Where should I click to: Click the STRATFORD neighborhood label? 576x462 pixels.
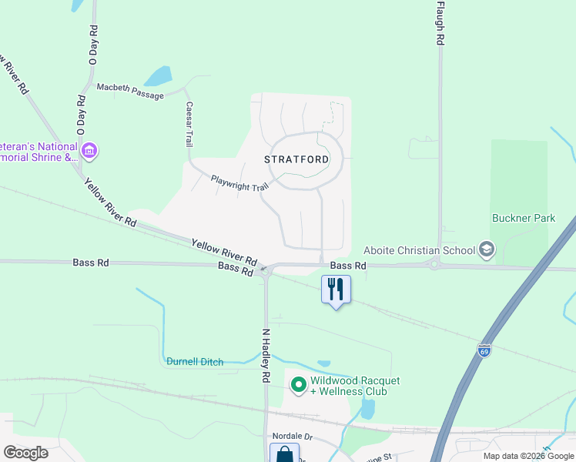coord(296,159)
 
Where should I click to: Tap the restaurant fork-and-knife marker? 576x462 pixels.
coord(336,290)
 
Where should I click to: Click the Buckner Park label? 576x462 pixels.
coord(524,218)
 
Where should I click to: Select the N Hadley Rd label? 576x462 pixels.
coord(266,356)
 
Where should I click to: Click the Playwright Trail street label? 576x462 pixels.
coord(239,183)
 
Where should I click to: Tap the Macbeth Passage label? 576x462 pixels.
coord(130,91)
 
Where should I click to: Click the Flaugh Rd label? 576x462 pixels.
coord(440,23)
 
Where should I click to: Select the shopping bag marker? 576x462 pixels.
coord(284,454)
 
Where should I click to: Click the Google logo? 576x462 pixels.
coord(25,453)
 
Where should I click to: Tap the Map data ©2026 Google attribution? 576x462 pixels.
coord(528,456)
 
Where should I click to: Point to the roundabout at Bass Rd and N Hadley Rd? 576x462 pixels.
coord(266,270)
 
